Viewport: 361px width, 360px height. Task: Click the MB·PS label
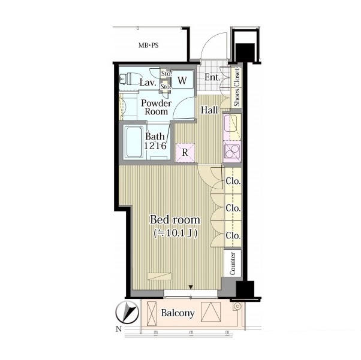[x=149, y=46]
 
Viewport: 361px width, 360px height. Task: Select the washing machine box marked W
[x=182, y=80]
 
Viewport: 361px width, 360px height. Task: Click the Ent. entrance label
[x=212, y=77]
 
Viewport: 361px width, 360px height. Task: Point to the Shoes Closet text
[x=236, y=87]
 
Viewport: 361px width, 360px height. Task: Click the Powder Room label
[x=156, y=107]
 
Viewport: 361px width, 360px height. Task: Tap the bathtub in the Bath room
[x=134, y=142]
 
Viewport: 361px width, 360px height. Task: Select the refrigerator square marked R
[x=185, y=153]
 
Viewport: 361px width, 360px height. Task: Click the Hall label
[x=209, y=110]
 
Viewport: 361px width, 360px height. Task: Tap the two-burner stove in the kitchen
[x=232, y=152]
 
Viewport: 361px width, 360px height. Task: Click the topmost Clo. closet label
[x=233, y=181]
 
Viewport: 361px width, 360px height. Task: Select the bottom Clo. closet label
[x=233, y=235]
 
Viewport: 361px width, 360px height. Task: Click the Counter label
[x=233, y=264]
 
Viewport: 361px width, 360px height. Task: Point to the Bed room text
[x=175, y=220]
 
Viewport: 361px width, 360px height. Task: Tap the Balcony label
[x=178, y=313]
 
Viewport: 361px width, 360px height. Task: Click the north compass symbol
[x=127, y=313]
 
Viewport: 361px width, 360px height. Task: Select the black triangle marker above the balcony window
[x=191, y=287]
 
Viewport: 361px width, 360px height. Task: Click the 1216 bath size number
[x=155, y=146]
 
